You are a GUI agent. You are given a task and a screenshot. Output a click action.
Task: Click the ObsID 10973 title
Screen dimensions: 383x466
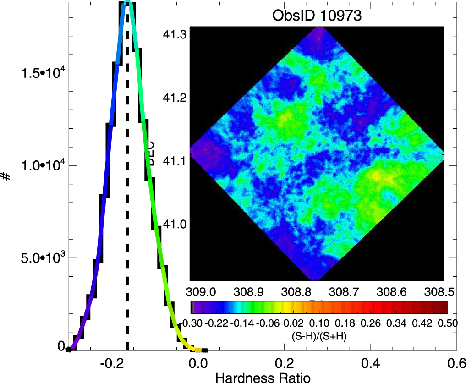coord(317,16)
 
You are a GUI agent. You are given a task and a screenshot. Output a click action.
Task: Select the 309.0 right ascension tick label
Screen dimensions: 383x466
coord(200,291)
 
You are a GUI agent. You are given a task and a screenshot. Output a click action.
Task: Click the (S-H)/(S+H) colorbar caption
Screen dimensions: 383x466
coord(318,335)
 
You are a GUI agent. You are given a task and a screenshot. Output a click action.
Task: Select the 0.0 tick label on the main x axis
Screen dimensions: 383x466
coord(197,364)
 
